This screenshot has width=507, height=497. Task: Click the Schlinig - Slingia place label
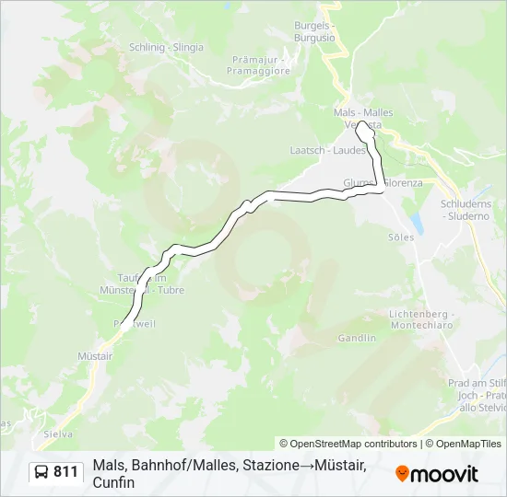click(x=167, y=47)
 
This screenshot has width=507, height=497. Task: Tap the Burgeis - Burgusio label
click(x=315, y=33)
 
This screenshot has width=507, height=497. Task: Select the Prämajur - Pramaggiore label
click(x=261, y=64)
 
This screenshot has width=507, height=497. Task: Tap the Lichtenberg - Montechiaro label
click(x=422, y=319)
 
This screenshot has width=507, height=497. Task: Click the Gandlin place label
click(x=357, y=338)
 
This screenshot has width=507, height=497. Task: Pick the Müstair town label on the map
click(x=95, y=355)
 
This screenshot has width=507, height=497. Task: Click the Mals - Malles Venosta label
click(x=363, y=118)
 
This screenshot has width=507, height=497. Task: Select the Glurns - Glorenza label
click(x=383, y=182)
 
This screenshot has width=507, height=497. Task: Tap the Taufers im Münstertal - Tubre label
click(x=142, y=283)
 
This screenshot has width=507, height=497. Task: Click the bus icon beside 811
click(x=42, y=472)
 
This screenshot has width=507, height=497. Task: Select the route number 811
click(x=66, y=472)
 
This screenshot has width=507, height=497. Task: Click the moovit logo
click(x=437, y=474)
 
